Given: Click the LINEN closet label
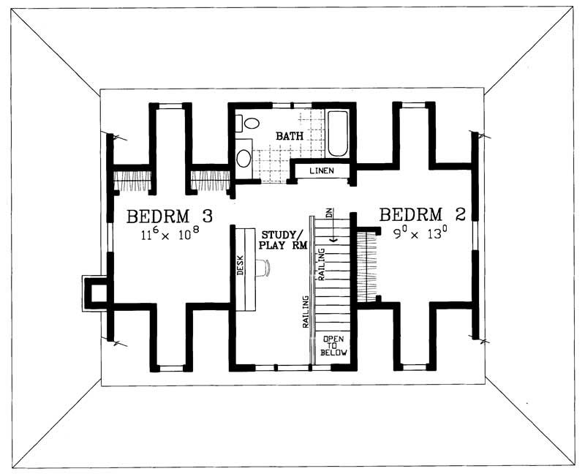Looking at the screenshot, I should coord(321,171).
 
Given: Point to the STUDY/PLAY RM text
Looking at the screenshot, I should coord(284,240).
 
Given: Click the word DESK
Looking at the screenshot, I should coord(241,268).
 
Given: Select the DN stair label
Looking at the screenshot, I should coord(330,214).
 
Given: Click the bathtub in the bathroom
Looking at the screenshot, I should coord(338,133).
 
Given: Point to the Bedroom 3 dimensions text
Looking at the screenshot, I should coord(170,234).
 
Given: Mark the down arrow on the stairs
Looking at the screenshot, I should coord(333,234).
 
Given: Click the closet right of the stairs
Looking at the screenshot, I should coord(367,263).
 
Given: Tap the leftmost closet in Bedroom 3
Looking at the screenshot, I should coord(132,180).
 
